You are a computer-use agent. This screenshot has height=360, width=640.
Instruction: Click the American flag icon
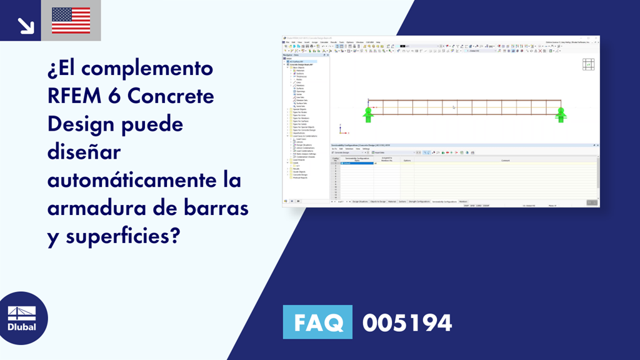click(71, 20)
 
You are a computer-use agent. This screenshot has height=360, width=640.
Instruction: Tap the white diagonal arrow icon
click(26, 25)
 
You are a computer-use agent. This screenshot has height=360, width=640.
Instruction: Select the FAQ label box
click(317, 323)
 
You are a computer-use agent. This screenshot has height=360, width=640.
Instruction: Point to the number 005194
click(407, 323)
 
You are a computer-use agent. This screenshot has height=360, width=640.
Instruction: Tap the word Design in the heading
click(81, 125)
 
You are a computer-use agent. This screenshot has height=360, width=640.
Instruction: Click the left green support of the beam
click(368, 113)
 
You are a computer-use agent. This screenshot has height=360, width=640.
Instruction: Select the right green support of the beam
click(561, 113)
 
